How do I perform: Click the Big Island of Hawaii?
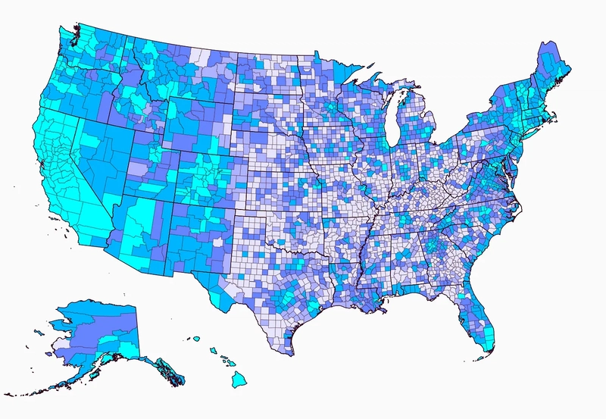239,377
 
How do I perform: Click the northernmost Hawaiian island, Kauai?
195,339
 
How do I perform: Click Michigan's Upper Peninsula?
379,89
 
